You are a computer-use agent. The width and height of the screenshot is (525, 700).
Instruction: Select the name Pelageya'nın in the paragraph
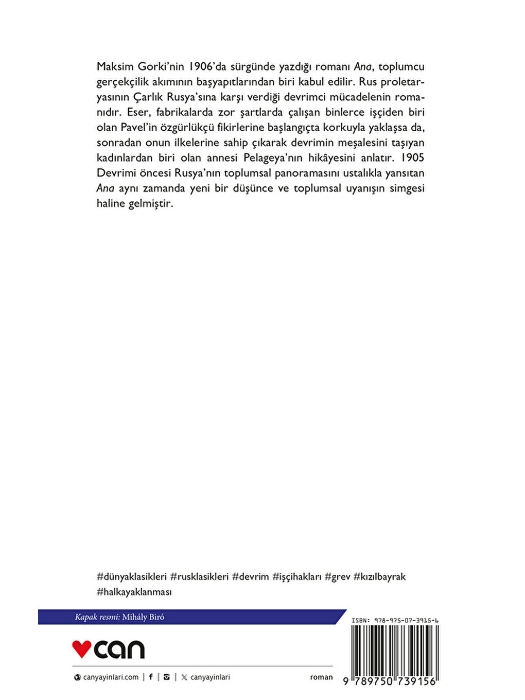(x=273, y=157)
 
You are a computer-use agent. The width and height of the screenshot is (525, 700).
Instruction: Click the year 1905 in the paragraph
(x=412, y=157)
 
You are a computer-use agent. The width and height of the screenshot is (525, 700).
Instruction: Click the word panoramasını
(x=307, y=173)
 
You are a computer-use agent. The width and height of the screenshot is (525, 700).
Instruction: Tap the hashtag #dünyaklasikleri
(x=132, y=576)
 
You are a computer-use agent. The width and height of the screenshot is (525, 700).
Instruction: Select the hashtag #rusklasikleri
(x=199, y=576)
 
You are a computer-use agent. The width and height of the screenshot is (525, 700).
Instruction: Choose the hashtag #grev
(x=337, y=576)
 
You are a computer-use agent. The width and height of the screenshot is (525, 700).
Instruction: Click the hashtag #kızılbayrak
(x=379, y=576)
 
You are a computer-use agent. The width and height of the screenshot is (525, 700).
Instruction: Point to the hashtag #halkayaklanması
(x=134, y=592)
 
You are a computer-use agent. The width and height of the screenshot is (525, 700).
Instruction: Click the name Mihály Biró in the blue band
(x=143, y=617)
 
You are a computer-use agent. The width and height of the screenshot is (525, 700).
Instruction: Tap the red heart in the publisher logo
(x=81, y=649)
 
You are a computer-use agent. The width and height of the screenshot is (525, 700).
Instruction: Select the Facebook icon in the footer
(x=151, y=677)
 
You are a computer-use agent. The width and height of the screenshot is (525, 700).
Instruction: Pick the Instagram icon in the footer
(x=166, y=677)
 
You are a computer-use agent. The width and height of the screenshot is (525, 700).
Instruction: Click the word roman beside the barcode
(x=321, y=677)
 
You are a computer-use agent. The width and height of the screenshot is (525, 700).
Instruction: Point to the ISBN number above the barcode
(x=395, y=621)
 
